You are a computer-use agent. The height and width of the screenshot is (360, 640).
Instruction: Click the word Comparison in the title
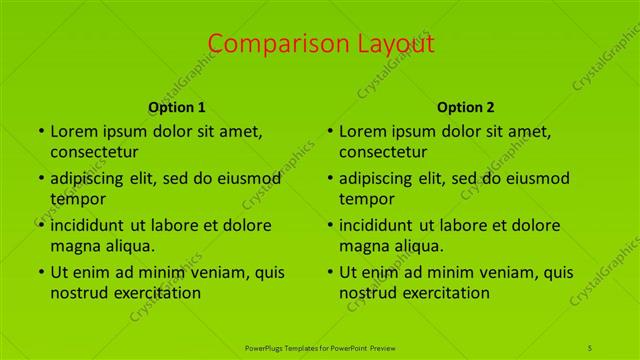pos(267,44)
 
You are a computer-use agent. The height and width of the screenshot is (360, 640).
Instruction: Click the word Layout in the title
pos(390,44)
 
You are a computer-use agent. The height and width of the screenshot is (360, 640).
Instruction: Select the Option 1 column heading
pos(177,107)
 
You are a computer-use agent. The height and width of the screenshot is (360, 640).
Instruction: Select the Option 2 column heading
pos(466,107)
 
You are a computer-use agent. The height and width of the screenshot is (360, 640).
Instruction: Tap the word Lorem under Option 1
pos(74,131)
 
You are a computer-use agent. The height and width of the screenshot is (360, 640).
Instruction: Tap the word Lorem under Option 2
pos(363,131)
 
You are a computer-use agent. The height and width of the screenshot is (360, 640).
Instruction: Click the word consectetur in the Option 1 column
pos(94,152)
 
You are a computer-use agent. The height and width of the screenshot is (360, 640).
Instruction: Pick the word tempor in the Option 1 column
pos(76,199)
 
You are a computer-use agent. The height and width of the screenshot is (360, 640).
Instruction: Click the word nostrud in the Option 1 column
pos(77,293)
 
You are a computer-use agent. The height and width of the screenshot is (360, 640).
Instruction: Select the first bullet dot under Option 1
pos(40,132)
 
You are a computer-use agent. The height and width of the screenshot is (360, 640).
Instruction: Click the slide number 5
pos(590,347)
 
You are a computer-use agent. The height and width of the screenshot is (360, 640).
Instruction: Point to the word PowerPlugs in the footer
pos(266,347)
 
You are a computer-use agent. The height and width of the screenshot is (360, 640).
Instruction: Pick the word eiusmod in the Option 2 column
pos(536,178)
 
